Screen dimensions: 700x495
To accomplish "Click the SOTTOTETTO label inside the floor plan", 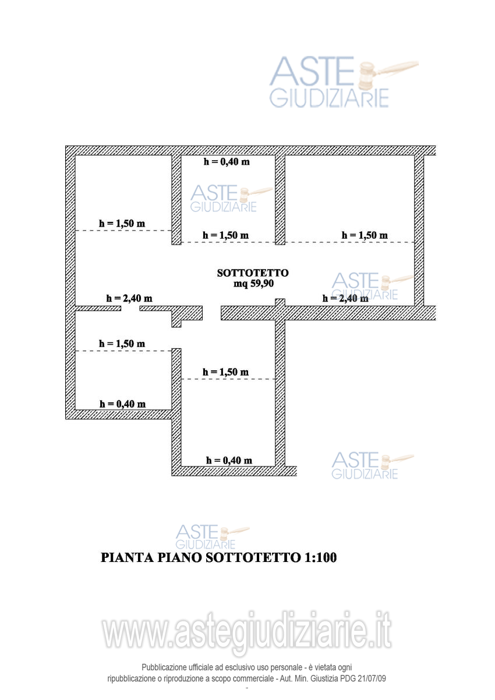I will tap(253, 273).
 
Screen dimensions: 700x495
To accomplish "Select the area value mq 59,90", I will tap(253, 284).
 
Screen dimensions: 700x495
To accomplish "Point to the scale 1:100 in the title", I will tap(320, 557).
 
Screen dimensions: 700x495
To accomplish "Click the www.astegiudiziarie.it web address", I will tap(247, 632).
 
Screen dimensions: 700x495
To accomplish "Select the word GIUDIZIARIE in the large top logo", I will tap(328, 97).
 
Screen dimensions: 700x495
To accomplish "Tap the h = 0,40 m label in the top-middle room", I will tap(227, 162).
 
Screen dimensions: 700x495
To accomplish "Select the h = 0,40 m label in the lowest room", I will tap(229, 460).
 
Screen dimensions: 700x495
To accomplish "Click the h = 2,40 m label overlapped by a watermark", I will tap(345, 298).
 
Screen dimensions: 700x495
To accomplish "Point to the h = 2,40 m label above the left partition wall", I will tap(129, 298).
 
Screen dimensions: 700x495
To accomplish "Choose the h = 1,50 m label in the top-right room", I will tap(365, 235).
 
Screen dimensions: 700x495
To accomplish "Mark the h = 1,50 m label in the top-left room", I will tap(122, 222).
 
